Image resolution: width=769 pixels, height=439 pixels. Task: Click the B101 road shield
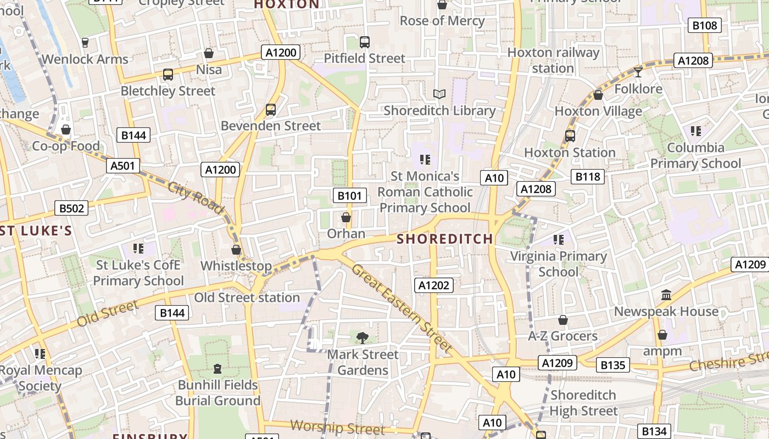(x=349, y=195)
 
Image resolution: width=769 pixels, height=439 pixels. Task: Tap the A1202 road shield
(x=434, y=285)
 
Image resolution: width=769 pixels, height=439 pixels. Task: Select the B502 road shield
(x=71, y=208)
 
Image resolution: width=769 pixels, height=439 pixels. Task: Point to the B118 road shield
(x=587, y=176)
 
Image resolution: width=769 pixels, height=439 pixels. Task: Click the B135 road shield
(x=612, y=365)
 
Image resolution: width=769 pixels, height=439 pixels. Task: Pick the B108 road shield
(x=704, y=25)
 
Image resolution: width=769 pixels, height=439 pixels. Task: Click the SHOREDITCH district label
(x=445, y=239)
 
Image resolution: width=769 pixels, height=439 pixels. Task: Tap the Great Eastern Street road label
(x=402, y=308)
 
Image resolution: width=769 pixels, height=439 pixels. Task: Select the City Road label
(x=196, y=198)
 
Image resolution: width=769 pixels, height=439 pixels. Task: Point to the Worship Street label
(x=337, y=427)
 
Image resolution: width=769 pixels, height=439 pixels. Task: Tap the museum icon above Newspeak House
(x=666, y=295)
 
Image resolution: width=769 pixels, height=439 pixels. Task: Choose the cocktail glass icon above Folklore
(x=638, y=72)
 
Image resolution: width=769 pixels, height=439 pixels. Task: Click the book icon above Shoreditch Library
(x=439, y=94)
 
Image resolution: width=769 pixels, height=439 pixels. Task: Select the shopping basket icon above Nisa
(x=209, y=53)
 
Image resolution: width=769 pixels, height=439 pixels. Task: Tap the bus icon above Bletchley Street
(x=168, y=74)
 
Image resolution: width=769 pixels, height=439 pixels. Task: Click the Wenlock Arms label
(x=85, y=59)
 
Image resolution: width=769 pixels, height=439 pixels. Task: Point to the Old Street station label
(x=247, y=297)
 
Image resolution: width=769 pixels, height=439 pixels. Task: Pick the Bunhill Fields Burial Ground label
(x=218, y=393)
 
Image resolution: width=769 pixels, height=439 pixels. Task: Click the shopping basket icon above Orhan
(x=346, y=217)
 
